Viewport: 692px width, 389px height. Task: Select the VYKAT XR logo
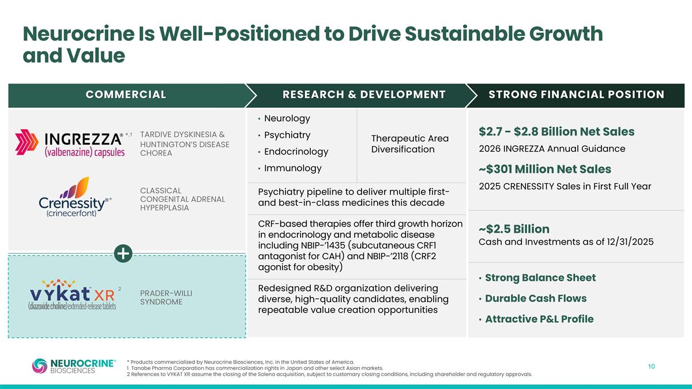pos(73,296)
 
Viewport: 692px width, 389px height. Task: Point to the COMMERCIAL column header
pos(126,95)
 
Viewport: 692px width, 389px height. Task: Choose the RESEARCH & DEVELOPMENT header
pos(364,95)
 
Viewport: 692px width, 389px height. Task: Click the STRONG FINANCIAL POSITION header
pos(576,95)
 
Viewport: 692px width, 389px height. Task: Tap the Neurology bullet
pos(287,119)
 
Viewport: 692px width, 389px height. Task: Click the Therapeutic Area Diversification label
pos(410,143)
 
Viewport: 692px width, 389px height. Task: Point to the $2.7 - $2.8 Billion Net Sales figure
pos(556,132)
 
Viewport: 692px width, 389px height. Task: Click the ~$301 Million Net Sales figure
pos(545,169)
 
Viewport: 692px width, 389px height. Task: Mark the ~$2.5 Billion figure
pos(514,229)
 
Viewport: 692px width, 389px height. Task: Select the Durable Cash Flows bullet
pos(535,299)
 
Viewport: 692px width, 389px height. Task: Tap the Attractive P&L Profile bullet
pos(539,319)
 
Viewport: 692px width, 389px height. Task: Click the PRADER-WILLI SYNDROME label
pos(166,297)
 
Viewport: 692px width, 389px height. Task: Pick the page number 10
pos(651,367)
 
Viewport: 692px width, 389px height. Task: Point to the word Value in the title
pos(99,56)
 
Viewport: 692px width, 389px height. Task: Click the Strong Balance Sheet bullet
pos(540,278)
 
